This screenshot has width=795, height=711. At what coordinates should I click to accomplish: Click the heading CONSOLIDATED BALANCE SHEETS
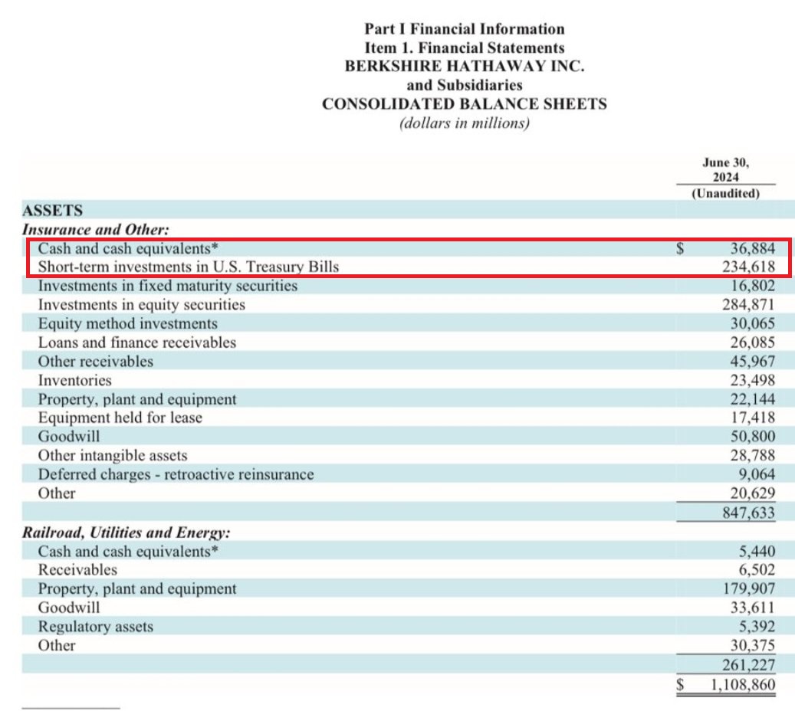pos(465,104)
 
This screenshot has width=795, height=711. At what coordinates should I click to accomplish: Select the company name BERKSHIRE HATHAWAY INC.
pos(465,67)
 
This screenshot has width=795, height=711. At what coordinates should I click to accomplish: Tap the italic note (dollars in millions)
pos(465,123)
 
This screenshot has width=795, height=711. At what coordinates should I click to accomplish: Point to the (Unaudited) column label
pos(725,194)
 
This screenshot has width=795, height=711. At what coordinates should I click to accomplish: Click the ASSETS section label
pos(52,210)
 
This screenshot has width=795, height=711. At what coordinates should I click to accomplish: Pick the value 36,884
pos(752,248)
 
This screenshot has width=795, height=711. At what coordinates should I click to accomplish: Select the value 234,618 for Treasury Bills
pos(749,267)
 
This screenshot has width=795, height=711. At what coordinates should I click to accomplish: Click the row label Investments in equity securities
pos(142,305)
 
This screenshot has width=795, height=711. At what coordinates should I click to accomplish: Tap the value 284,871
pos(749,305)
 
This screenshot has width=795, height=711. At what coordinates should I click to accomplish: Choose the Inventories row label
pos(74,380)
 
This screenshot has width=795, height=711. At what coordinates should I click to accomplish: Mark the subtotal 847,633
pos(749,513)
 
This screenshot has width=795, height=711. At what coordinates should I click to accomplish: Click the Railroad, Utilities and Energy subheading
pos(126,532)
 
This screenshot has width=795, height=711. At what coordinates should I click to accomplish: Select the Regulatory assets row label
pos(95,627)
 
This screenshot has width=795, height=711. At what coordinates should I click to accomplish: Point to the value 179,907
pos(749,588)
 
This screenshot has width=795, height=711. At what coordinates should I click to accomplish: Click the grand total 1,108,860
pos(743,685)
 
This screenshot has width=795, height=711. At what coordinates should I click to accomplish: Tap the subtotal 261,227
pos(749,665)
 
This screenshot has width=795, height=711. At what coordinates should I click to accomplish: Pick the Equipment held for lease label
pos(120,418)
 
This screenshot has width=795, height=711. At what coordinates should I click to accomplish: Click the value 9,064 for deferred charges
pos(757,474)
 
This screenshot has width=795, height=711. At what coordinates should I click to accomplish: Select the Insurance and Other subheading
pos(95,230)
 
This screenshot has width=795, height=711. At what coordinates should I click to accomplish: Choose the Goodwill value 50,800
pos(752,436)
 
